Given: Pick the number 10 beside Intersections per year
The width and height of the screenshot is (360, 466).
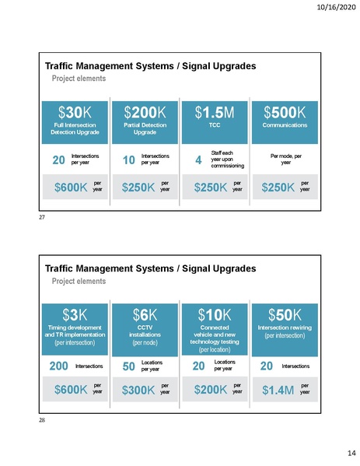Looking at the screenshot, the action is click(129, 160).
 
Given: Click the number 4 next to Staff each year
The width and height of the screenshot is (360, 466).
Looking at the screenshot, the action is click(199, 161).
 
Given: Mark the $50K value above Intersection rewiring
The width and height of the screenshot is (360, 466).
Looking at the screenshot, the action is click(285, 315).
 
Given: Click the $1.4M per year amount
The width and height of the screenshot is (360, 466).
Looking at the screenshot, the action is click(278, 389).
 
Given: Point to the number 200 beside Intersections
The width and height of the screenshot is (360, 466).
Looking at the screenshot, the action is click(58, 365).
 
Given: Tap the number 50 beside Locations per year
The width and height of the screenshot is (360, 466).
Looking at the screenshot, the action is click(129, 365).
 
